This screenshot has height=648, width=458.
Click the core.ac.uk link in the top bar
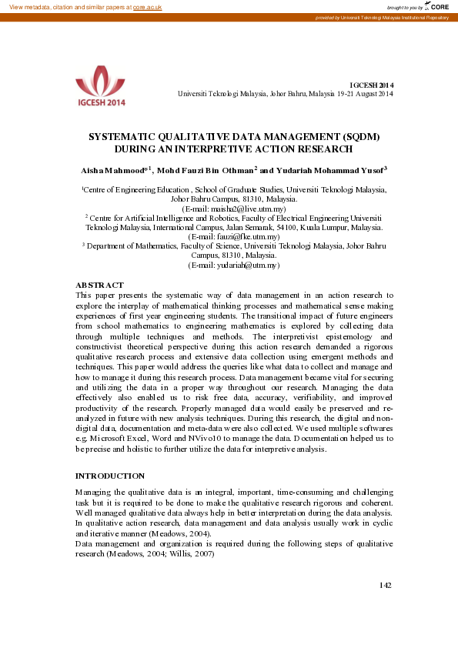coord(147,6)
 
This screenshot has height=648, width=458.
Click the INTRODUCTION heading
coord(109,476)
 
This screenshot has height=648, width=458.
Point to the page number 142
coord(386,586)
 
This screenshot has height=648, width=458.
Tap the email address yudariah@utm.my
coord(234,265)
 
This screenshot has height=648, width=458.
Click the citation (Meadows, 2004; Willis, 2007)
coord(159,553)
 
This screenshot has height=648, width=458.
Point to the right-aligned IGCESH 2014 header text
coord(372,85)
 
